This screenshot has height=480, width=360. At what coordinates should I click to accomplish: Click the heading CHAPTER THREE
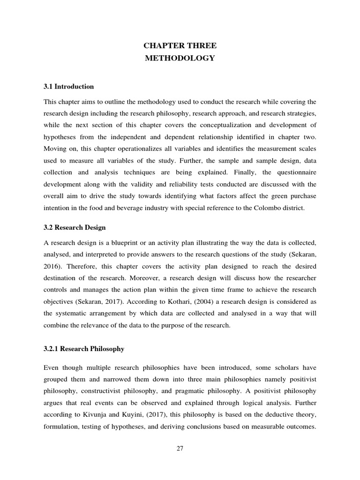pyautogui.click(x=180, y=45)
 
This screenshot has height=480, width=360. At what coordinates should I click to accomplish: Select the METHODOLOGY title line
pyautogui.click(x=180, y=58)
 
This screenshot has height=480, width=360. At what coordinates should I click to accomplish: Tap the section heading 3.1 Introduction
pyautogui.click(x=69, y=87)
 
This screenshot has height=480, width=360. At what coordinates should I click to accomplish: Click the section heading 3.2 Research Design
pyautogui.click(x=75, y=227)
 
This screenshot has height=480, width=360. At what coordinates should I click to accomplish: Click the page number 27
pyautogui.click(x=180, y=448)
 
